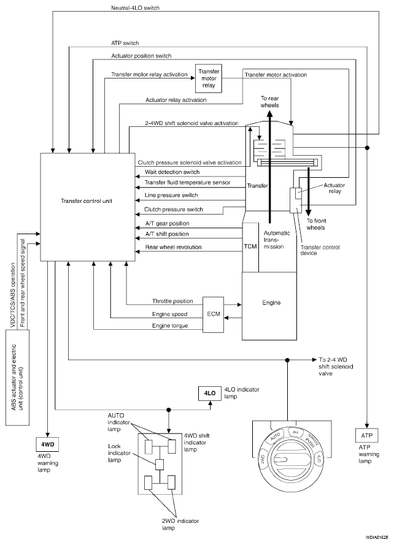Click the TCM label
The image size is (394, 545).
tap(251, 246)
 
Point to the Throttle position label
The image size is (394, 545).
tap(172, 301)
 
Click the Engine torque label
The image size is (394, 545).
tap(170, 326)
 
